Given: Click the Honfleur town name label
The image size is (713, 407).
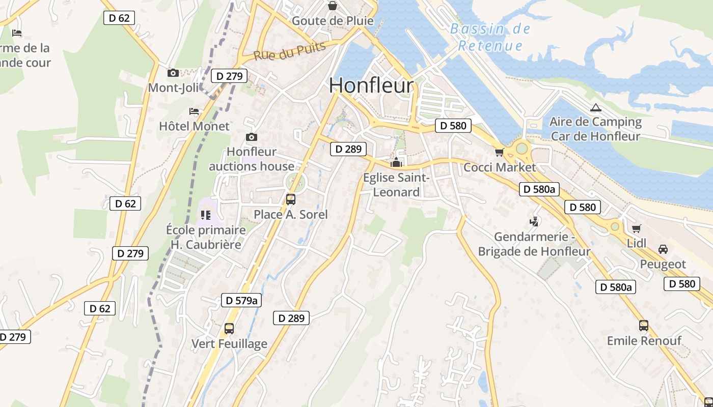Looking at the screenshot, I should [371, 85].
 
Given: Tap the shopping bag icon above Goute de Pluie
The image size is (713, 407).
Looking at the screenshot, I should [333, 6].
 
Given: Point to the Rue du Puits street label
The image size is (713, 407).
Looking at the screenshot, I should [289, 51].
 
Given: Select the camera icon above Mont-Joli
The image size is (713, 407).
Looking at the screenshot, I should [173, 73].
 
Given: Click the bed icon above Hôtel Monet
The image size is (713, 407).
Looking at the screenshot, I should [194, 111].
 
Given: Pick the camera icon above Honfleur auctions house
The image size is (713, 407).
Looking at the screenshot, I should [251, 137].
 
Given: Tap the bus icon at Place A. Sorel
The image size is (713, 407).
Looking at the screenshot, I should [291, 199].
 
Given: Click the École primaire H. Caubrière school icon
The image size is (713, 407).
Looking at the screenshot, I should [206, 215].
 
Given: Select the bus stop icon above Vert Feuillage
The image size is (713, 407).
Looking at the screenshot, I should [229, 329].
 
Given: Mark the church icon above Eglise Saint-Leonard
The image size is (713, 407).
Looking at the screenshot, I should [396, 162].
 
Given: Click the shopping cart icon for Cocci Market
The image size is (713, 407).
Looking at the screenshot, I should [499, 152].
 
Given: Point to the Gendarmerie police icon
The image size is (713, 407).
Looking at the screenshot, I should [534, 221].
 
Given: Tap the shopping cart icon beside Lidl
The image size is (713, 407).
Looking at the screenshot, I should [636, 228].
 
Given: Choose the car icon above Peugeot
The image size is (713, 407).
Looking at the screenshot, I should [663, 249].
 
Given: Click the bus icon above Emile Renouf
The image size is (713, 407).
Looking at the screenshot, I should [644, 326].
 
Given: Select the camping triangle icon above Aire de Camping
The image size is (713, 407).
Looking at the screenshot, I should [595, 107].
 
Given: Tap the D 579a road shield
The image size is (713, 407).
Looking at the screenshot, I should [241, 300].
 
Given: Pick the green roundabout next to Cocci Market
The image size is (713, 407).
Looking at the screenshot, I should [522, 149].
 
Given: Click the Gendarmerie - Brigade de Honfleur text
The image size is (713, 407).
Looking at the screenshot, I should [534, 244].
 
